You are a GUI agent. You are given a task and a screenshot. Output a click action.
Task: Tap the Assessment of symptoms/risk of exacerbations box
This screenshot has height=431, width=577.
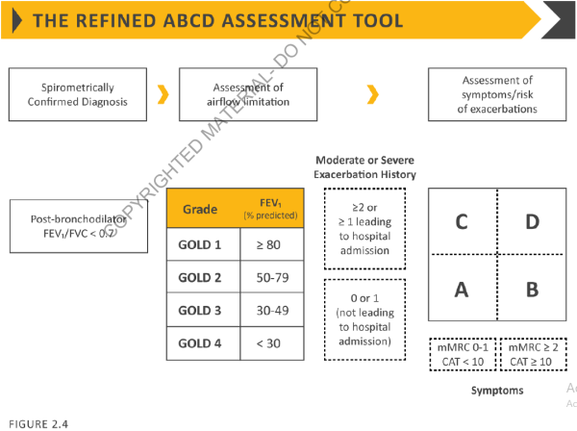[496, 94]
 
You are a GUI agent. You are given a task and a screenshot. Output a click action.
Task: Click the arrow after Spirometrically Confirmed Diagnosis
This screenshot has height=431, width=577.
[163, 93]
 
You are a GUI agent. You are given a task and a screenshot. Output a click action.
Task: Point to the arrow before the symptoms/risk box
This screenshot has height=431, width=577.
[373, 93]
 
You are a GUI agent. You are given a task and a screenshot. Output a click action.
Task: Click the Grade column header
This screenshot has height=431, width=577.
[200, 209]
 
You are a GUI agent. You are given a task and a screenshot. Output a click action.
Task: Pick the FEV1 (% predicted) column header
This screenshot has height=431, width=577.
[269, 208]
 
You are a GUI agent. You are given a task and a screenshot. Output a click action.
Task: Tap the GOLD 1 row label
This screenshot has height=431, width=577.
[200, 245]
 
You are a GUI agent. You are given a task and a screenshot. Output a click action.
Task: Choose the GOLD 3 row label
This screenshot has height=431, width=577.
[200, 312]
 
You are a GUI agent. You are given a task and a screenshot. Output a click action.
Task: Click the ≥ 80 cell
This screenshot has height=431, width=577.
[268, 245]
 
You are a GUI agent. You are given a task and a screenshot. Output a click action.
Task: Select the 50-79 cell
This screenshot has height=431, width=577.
[268, 279]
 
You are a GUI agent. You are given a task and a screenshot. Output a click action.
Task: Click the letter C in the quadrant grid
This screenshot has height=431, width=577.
[462, 222]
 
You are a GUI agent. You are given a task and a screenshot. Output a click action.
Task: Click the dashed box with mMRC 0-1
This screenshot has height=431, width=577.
[461, 353]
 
